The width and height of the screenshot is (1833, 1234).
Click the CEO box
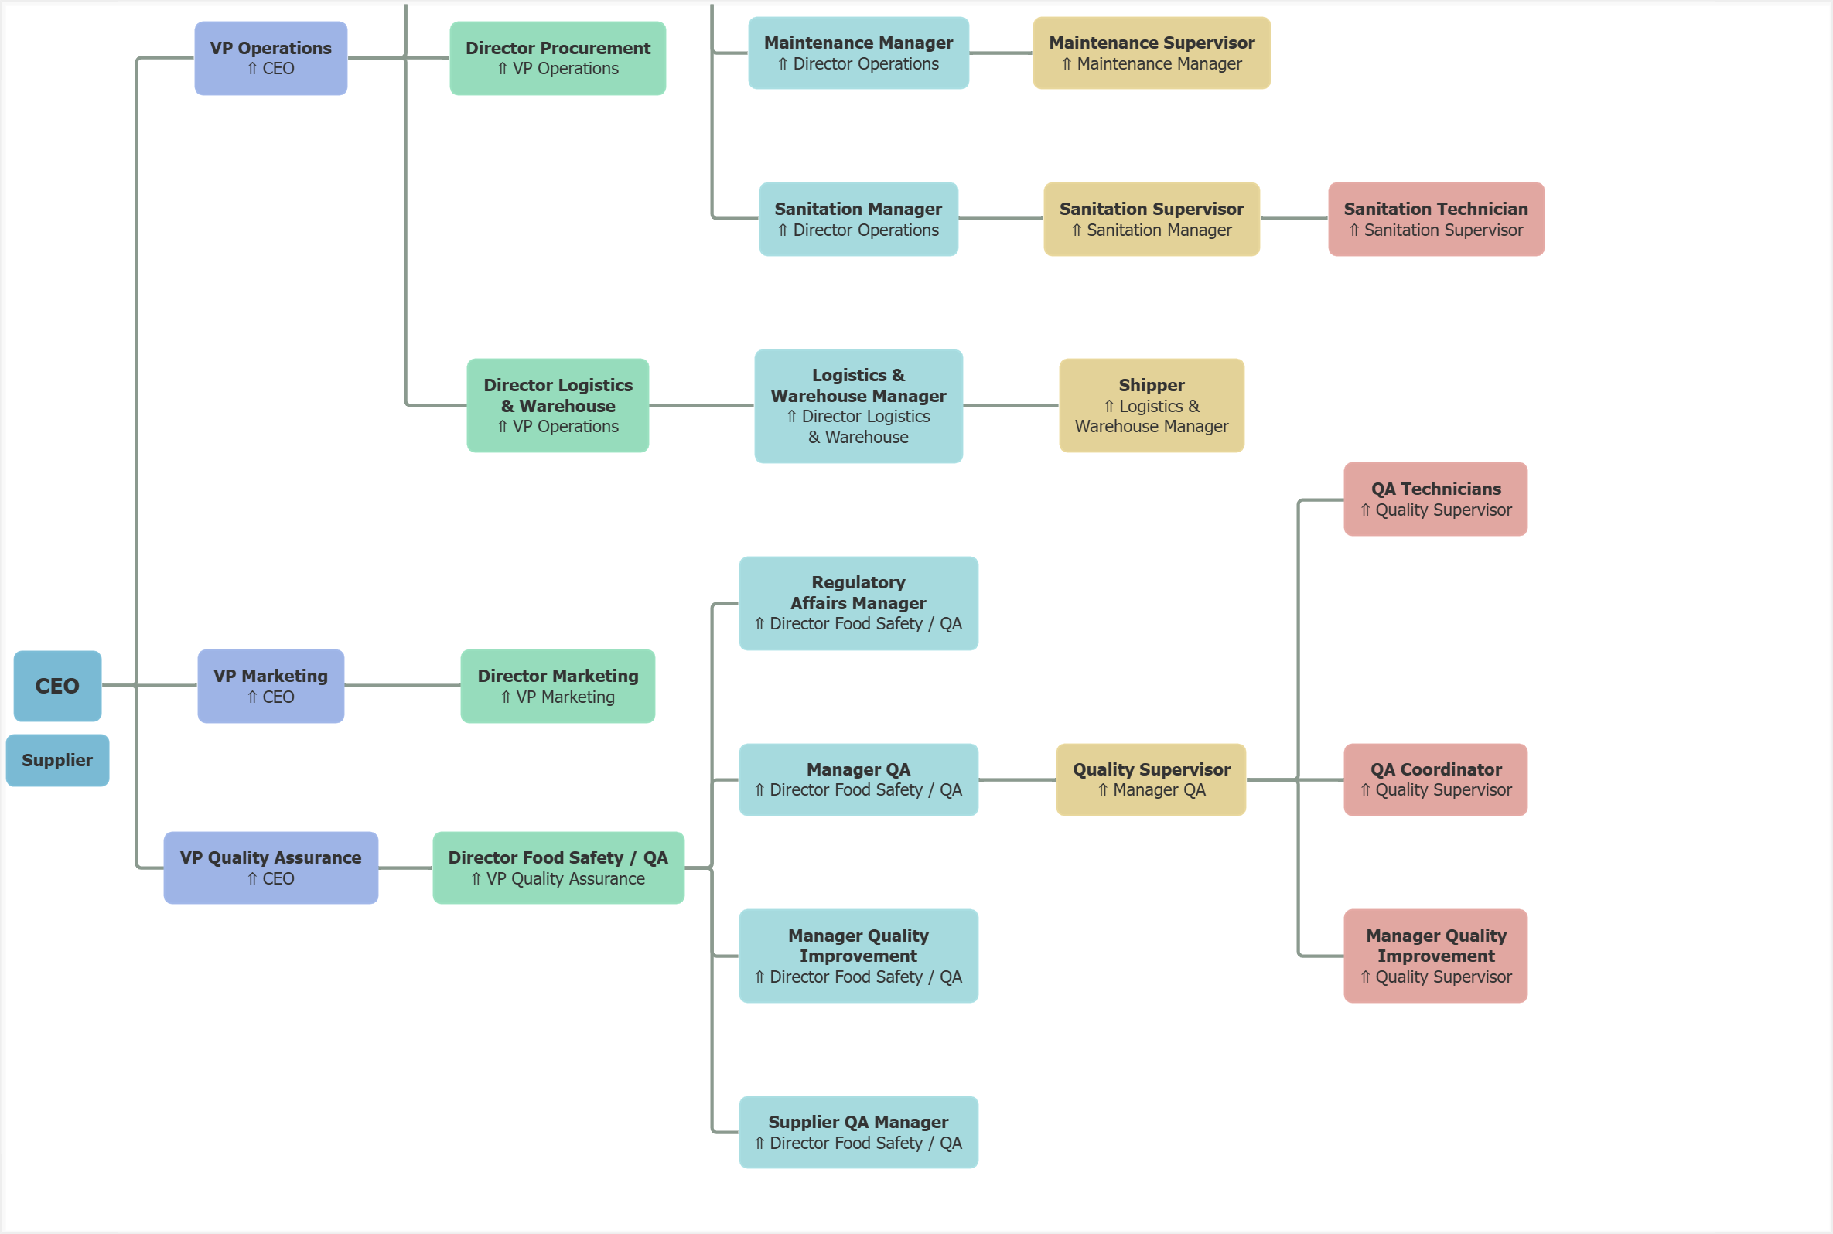coord(57,686)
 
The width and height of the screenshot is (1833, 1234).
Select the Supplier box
coord(57,760)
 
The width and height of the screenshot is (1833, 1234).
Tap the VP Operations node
coord(271,58)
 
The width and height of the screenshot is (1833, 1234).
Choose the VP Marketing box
coord(271,686)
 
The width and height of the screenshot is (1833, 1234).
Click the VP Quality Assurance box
coord(271,868)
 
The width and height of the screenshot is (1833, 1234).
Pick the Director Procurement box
coord(557,58)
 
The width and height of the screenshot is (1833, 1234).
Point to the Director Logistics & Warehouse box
coord(557,405)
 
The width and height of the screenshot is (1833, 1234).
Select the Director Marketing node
coord(557,686)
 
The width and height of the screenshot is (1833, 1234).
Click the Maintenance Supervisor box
coord(1151,53)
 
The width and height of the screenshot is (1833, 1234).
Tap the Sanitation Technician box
coord(1435,219)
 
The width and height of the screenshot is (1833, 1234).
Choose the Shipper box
coord(1151,405)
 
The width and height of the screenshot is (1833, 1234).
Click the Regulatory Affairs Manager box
coord(858,603)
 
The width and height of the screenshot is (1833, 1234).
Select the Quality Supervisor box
coord(1151,779)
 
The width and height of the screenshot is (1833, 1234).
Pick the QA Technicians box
coord(1435,499)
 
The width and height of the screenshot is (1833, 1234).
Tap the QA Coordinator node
coord(1435,779)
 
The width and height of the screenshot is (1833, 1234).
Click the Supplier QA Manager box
coord(858,1132)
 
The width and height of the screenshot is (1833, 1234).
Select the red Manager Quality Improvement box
coord(1435,956)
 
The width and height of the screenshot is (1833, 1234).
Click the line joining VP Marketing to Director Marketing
coord(402,686)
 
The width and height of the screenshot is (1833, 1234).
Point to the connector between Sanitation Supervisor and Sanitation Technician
coord(1293,219)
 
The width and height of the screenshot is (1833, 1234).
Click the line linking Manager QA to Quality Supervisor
coord(1017,780)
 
